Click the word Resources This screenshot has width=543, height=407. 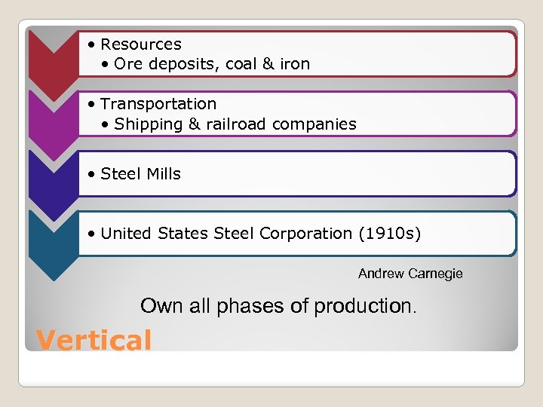click(140, 44)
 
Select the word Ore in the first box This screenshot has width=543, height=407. click(128, 64)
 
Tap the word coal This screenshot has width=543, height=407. click(241, 64)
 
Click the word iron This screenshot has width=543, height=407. click(293, 64)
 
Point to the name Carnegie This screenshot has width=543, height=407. click(434, 274)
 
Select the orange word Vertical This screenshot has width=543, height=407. click(94, 340)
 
